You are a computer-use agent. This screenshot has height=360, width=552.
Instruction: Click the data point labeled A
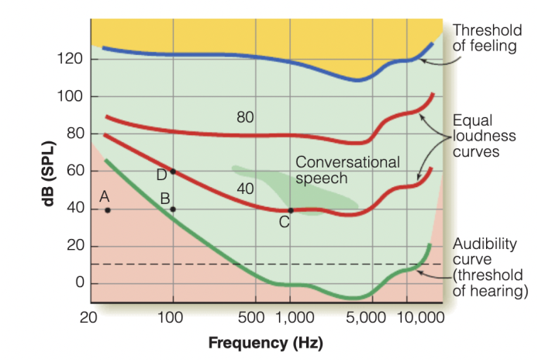[x=108, y=210]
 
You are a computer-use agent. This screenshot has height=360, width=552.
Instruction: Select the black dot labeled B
[x=173, y=209]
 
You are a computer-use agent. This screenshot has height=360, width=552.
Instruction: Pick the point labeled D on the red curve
[x=173, y=171]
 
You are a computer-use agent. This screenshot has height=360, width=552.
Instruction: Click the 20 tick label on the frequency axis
[x=89, y=317]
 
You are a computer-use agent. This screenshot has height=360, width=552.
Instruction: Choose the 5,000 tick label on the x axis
[x=367, y=317]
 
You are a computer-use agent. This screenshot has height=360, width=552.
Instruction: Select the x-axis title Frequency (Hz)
[x=265, y=342]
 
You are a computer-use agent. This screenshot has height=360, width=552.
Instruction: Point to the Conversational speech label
[x=347, y=170]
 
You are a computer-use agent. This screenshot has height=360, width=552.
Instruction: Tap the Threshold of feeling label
[x=487, y=37]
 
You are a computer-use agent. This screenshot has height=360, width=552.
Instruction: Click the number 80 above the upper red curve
[x=245, y=118]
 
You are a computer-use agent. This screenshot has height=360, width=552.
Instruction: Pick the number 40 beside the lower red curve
[x=246, y=189]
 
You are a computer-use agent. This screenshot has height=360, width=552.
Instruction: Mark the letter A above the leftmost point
[x=104, y=196]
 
